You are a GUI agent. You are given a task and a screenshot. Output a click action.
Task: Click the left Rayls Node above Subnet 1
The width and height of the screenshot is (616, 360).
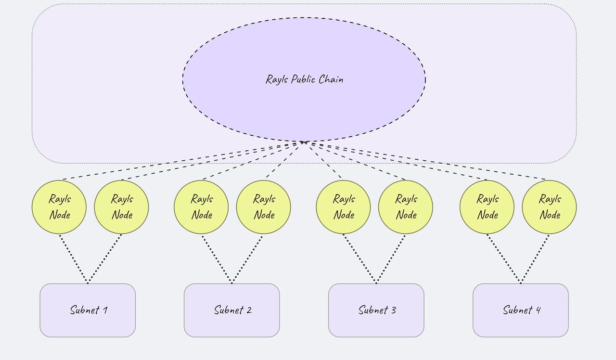(x=59, y=207)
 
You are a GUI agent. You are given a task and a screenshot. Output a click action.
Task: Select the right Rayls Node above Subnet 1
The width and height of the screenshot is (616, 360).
(x=121, y=207)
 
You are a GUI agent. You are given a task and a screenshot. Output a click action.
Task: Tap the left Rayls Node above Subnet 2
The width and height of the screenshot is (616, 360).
(x=201, y=207)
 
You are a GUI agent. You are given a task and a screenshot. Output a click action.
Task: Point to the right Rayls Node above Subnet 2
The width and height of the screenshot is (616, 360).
(x=263, y=207)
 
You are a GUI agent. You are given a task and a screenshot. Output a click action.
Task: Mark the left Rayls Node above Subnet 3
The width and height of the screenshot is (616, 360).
(x=343, y=207)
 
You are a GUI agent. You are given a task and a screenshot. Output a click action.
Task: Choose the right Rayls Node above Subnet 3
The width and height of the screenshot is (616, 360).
(x=405, y=207)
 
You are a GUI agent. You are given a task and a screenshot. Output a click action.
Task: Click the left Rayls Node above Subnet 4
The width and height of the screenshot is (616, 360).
(x=487, y=207)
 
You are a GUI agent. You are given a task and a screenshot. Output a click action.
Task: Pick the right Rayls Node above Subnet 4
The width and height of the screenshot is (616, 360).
(x=549, y=207)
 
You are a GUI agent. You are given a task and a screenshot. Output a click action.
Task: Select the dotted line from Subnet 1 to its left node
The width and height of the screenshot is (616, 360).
(x=73, y=258)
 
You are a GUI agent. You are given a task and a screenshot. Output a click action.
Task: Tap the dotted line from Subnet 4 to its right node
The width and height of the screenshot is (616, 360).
(x=535, y=258)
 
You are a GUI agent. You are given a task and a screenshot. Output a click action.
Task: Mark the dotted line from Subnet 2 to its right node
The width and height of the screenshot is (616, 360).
(x=247, y=258)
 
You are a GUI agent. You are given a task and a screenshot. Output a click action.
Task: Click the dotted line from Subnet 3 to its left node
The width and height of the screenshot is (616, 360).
(x=359, y=258)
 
